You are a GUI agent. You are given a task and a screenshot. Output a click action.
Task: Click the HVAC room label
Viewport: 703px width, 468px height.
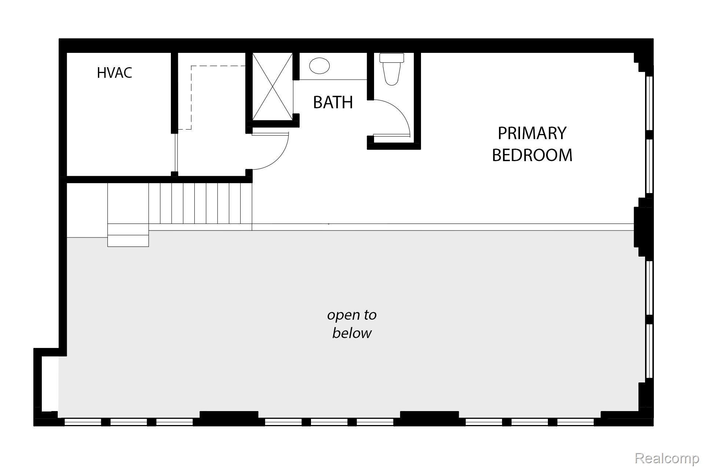[x=114, y=73]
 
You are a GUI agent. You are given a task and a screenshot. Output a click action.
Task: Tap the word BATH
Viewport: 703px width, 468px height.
[x=333, y=102]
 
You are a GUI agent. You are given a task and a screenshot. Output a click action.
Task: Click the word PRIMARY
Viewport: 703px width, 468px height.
[x=532, y=133]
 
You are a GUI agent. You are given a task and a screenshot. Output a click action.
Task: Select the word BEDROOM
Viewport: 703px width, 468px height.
[x=532, y=155]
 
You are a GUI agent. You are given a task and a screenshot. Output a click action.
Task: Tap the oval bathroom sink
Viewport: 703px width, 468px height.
[x=319, y=66]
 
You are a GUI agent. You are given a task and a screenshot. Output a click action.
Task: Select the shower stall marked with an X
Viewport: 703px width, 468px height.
[x=272, y=87]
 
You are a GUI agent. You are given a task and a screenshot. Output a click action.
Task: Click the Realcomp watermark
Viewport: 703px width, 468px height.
[x=666, y=458]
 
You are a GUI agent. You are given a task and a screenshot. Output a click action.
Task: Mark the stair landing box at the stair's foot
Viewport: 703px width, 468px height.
[x=128, y=235]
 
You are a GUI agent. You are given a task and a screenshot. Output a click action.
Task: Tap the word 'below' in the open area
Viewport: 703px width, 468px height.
[x=352, y=333]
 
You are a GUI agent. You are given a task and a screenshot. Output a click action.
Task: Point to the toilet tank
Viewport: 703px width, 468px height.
[x=392, y=58]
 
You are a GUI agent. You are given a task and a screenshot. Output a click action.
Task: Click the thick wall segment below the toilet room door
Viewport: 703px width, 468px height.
[x=394, y=146]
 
